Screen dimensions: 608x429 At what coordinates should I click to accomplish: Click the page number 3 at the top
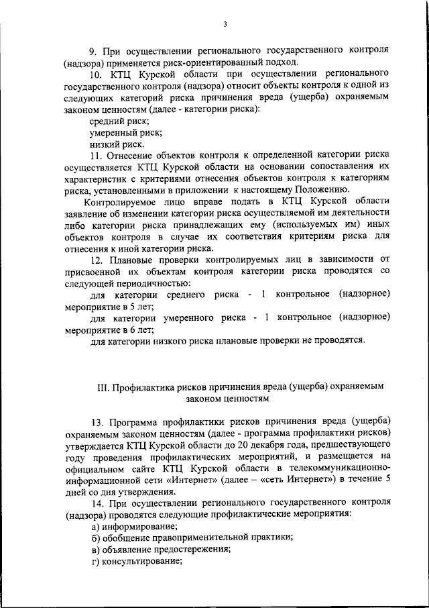tap(226, 25)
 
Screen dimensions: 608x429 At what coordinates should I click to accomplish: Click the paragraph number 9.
tap(94, 50)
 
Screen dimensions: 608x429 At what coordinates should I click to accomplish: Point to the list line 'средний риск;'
tap(119, 121)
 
